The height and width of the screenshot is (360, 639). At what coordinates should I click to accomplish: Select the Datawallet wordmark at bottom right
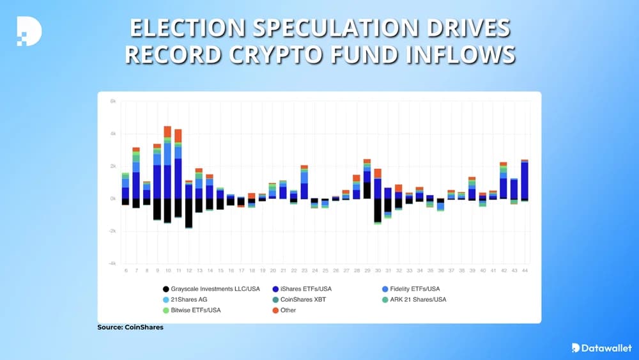pyautogui.click(x=601, y=348)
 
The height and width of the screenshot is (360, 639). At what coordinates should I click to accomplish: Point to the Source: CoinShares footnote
pyautogui.click(x=130, y=327)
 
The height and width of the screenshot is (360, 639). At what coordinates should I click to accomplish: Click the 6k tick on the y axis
pyautogui.click(x=112, y=101)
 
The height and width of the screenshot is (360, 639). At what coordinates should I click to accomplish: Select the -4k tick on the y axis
pyautogui.click(x=112, y=263)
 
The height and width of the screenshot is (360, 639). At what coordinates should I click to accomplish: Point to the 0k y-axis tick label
pyautogui.click(x=112, y=199)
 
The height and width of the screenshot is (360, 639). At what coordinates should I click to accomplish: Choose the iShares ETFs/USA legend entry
pyautogui.click(x=300, y=289)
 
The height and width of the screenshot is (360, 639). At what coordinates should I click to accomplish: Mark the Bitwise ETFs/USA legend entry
pyautogui.click(x=195, y=310)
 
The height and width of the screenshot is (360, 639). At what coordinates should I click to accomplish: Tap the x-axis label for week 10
pyautogui.click(x=167, y=271)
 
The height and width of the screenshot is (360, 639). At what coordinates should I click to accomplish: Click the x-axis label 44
pyautogui.click(x=525, y=271)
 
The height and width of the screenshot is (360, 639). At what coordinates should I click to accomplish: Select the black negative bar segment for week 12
pyautogui.click(x=189, y=212)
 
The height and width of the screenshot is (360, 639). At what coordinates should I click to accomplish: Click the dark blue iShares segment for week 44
pyautogui.click(x=525, y=181)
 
